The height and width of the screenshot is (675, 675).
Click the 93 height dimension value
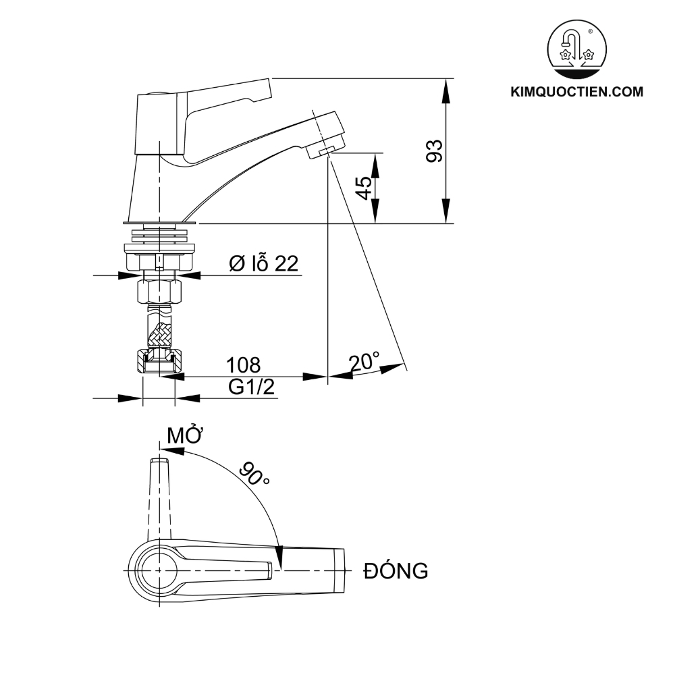click(x=435, y=151)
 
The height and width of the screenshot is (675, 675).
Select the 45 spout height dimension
click(x=363, y=187)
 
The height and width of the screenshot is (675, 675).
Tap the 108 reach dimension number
click(x=243, y=365)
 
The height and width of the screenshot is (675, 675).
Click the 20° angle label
click(x=364, y=362)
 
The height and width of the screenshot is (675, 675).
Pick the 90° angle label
click(x=253, y=475)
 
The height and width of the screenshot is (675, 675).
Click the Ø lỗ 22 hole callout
click(x=263, y=263)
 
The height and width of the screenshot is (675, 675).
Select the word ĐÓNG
click(x=395, y=571)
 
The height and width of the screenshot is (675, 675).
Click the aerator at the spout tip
click(x=326, y=149)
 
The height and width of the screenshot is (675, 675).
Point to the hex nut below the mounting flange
click(x=159, y=292)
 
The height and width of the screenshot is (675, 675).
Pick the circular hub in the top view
click(x=158, y=570)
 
